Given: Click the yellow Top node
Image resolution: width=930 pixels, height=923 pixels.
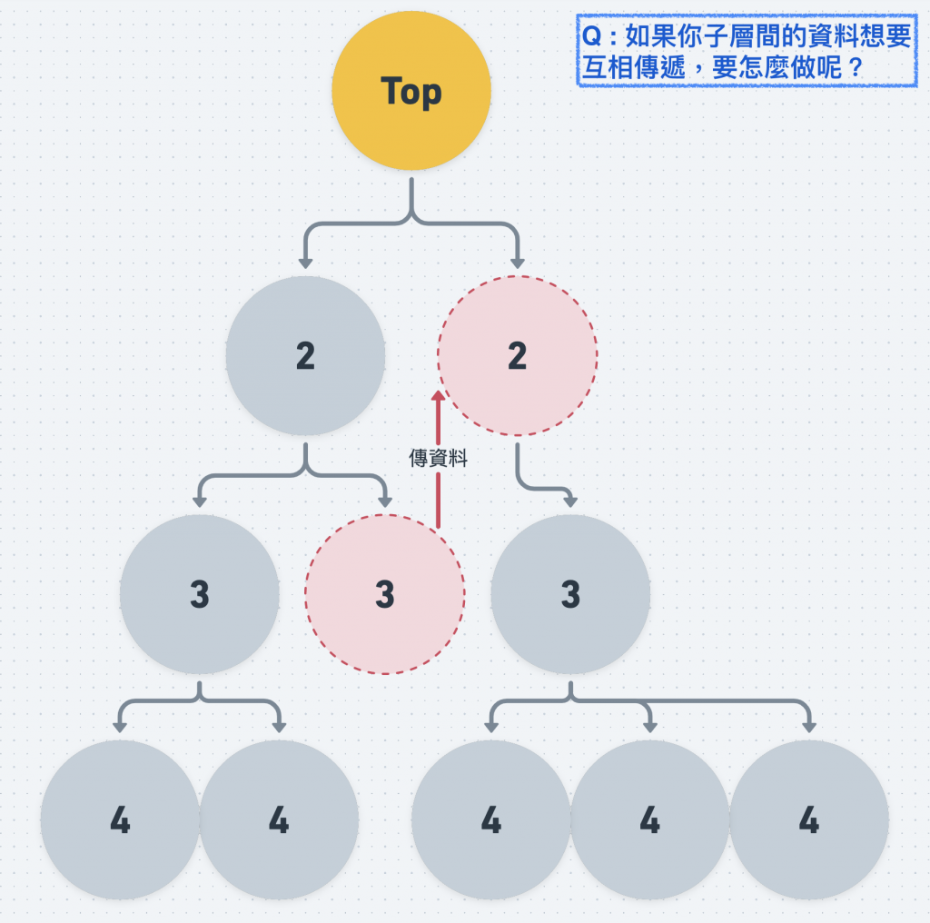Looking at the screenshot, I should [411, 92].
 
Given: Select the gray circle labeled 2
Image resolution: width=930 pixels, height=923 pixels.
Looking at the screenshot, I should [305, 356].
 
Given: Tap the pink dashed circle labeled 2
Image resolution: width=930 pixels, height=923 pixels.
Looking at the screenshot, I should [517, 356].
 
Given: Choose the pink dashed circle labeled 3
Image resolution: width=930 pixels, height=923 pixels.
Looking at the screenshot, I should [384, 594].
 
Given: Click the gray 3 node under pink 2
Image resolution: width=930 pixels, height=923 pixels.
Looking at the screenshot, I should [570, 594].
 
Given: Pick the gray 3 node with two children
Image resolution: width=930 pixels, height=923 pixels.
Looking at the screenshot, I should [199, 594].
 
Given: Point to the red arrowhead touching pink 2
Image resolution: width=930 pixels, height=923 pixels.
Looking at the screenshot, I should [438, 397].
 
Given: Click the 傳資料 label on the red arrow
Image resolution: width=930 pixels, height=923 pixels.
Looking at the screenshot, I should [438, 459].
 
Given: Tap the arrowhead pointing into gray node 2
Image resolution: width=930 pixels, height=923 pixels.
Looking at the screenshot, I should [305, 263].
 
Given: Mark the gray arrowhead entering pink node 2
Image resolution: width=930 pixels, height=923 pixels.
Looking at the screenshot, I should [518, 263].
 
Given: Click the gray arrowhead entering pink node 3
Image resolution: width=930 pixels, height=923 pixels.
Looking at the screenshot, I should [385, 501].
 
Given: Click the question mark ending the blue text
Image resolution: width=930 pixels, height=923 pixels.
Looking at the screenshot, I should [854, 68].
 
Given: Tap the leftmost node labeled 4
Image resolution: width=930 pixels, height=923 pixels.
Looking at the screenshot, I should [120, 820].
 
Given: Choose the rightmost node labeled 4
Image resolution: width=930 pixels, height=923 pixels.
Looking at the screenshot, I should [808, 820].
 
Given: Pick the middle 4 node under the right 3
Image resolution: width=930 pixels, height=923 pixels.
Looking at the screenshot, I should [649, 820].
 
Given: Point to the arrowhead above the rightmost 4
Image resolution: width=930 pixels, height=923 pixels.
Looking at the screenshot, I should [808, 726].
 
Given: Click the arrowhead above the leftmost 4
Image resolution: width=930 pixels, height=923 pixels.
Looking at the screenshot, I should [120, 726].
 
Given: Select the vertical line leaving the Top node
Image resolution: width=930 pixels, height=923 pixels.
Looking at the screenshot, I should [411, 195].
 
